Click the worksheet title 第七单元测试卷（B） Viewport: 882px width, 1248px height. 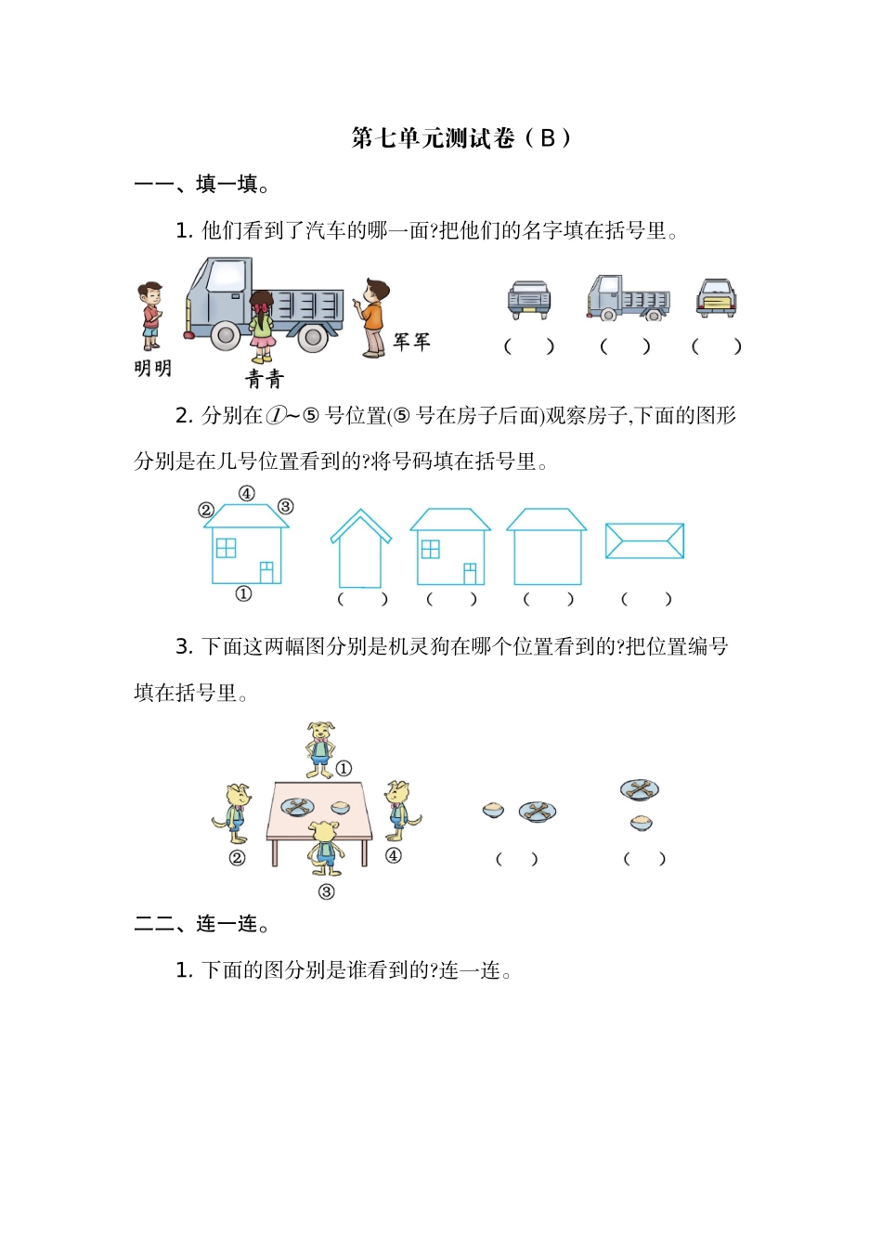[461, 138]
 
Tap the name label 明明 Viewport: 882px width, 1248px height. [152, 369]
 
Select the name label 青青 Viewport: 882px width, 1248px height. [264, 379]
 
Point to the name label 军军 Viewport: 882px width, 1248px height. [411, 342]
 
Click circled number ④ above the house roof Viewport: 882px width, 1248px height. [246, 494]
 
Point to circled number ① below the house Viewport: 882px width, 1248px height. [243, 594]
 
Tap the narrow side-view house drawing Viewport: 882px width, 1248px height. [360, 550]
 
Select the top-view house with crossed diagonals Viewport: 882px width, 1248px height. [644, 541]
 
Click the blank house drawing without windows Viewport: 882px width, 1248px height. [547, 547]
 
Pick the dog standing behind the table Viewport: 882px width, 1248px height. [321, 748]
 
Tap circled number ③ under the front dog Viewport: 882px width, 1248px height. [326, 892]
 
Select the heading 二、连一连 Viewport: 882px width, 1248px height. [202, 925]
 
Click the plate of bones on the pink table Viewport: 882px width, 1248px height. [299, 807]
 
